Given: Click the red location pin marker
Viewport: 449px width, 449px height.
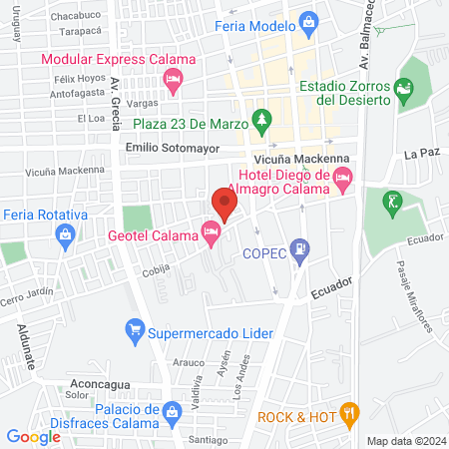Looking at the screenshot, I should tap(224, 204).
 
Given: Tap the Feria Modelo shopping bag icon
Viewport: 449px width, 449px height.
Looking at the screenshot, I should tap(308, 20).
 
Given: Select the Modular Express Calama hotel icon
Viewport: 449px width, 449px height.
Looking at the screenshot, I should tap(173, 78).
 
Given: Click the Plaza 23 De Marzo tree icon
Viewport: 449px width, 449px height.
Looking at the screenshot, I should tap(261, 121).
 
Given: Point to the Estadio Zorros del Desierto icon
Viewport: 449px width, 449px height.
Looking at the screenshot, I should tap(404, 89).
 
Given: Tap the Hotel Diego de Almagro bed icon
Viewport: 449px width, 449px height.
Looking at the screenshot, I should tap(344, 181).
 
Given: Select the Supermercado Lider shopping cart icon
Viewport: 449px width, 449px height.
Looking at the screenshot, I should tap(134, 328).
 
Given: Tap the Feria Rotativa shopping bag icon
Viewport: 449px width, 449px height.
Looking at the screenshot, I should tap(65, 234).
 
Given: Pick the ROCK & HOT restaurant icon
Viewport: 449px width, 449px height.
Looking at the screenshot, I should tap(347, 410).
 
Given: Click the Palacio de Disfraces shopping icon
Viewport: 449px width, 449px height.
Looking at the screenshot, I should tap(172, 410).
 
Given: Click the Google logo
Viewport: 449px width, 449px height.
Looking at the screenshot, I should tap(34, 436).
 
